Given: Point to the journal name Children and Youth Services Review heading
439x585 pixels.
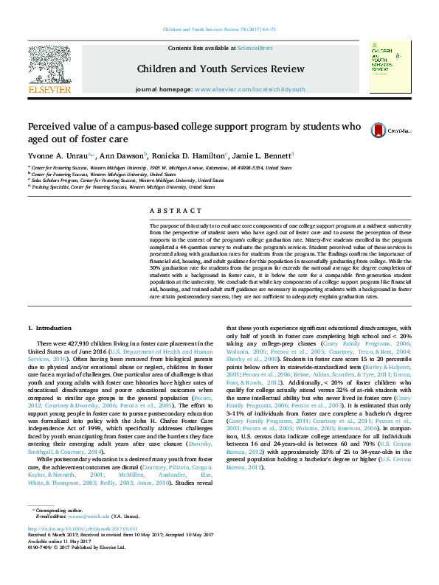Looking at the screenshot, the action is click(220, 69).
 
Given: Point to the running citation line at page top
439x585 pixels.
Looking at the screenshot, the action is click(218, 29).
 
